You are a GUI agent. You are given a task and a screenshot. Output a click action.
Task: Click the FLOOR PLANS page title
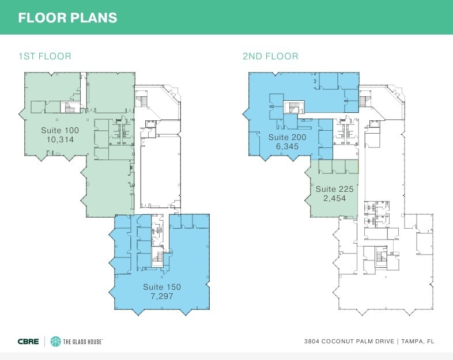pos(67,18)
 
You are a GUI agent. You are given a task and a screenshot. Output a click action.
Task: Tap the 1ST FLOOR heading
pos(45,56)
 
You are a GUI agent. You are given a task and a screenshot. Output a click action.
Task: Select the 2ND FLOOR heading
pos(270,56)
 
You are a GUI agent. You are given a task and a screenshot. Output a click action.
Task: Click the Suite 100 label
pos(60,130)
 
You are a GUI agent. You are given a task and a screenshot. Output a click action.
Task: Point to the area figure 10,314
pos(60,140)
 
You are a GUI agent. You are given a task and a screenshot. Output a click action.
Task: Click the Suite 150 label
pos(162,287)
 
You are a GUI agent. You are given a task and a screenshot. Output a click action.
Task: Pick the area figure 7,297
pos(162,296)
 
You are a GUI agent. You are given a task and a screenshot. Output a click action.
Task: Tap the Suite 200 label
pos(287,137)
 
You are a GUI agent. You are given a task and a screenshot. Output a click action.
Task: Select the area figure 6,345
pos(287,146)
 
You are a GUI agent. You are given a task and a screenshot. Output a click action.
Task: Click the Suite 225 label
pos(334,189)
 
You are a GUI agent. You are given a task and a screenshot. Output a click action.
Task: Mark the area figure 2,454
pos(334,198)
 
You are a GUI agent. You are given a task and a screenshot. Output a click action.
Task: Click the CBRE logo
pos(28,342)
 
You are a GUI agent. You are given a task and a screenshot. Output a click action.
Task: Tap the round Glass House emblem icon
pos(55,342)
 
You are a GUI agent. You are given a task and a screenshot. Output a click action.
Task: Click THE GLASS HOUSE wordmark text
pos(83,342)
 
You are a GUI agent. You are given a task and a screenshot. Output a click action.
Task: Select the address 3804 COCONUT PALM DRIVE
pos(349,342)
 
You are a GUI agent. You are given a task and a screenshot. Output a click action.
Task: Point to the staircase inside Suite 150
pos(157,257)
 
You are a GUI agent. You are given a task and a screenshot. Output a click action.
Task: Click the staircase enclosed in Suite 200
pos(294,107)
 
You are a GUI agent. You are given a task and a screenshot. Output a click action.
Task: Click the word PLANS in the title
pos(93,18)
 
